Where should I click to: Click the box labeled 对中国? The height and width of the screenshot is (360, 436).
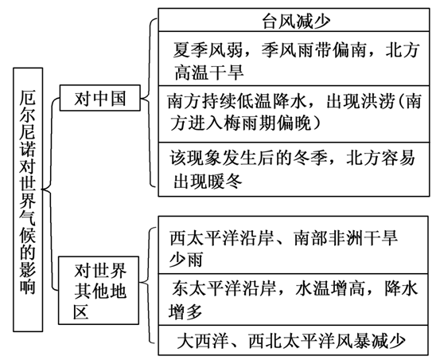pos(99,100)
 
